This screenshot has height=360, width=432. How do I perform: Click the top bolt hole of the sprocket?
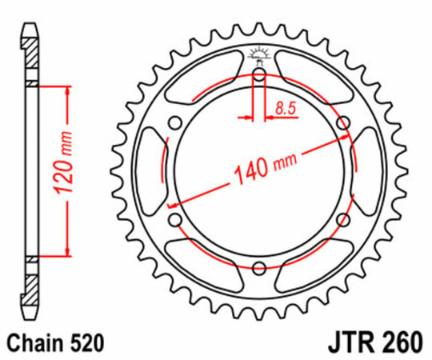(258, 74)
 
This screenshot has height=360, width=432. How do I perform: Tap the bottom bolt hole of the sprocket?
(258, 268)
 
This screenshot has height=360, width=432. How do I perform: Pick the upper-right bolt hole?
(342, 122)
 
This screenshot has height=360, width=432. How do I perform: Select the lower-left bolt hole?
(174, 220)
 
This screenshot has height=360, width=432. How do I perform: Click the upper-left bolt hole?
(174, 122)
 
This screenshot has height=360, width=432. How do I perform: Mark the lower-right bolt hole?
(342, 220)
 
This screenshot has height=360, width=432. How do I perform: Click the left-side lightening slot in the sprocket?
(152, 171)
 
